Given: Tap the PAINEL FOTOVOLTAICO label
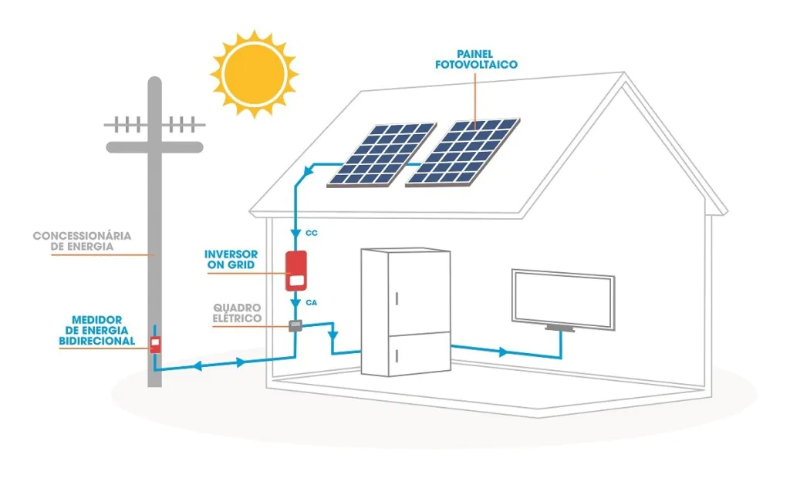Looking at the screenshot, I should pos(475,60).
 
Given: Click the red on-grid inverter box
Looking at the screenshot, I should pos(296,271).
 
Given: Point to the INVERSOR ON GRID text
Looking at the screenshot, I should pos(231,260).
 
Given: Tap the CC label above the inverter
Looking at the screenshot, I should pos(312,231).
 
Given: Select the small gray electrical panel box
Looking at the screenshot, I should pos(294,326).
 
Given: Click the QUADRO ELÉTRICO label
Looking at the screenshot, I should pos(238,312).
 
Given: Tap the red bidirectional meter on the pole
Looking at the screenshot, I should pos(155,344).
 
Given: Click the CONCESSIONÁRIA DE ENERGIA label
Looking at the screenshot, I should pos(82,241).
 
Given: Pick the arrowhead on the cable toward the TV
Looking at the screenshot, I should pos(504,352).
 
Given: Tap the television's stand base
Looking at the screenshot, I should pos(561,329).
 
